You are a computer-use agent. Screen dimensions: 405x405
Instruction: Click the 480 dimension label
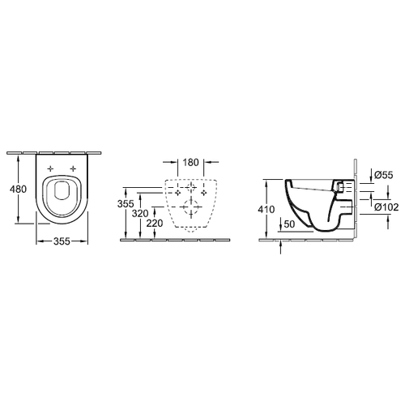coord(18,189)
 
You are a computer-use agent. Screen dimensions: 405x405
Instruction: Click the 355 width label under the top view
coord(62,241)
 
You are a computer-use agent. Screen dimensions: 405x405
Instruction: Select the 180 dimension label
coord(190,163)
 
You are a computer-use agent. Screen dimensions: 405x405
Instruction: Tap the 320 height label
coord(140,214)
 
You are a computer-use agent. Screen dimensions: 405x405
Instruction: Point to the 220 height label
coord(155,224)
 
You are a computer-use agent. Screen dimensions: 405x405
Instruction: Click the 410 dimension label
coord(266,209)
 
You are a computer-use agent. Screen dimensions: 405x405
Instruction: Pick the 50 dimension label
coord(289,224)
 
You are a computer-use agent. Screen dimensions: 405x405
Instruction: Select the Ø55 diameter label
coord(384,175)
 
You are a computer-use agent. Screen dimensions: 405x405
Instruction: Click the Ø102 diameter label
coord(386,207)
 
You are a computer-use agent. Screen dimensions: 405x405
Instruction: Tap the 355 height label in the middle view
coord(126,203)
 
